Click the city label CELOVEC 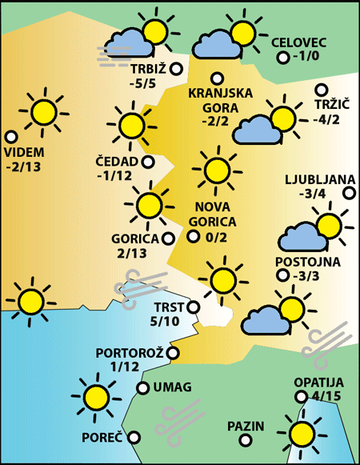(x=300, y=42)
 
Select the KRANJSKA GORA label (x=220, y=100)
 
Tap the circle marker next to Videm (x=11, y=137)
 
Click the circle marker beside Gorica (x=168, y=238)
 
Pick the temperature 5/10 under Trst (x=166, y=321)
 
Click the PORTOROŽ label (x=130, y=352)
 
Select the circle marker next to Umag (x=142, y=388)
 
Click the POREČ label (x=102, y=438)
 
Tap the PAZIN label (x=246, y=425)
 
